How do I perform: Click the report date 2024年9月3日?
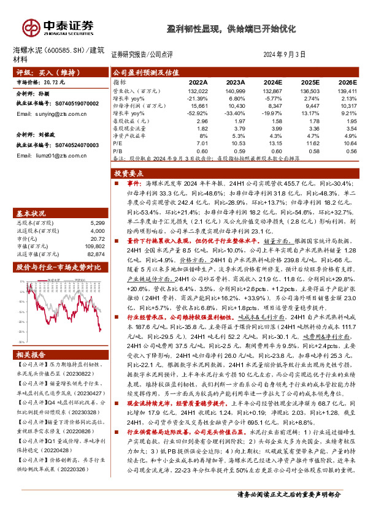(284, 53)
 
